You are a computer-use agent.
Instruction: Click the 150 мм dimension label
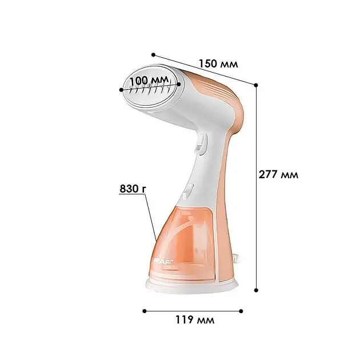tap(218, 64)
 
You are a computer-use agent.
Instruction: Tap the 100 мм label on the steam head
tap(150, 81)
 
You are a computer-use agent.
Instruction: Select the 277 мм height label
tap(278, 175)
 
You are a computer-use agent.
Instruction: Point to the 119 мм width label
tap(195, 319)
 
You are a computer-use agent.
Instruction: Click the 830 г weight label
tap(133, 189)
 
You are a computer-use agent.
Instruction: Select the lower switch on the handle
tap(187, 191)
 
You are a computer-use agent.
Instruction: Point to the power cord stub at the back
tap(236, 258)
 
